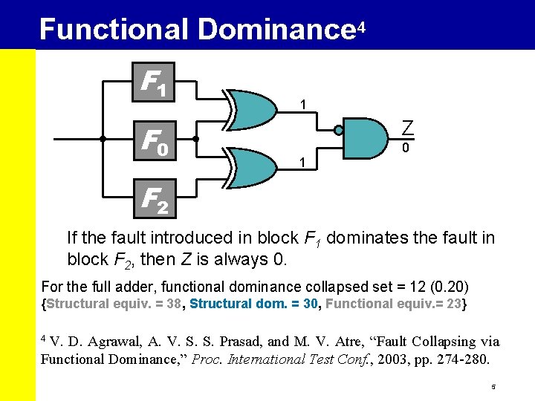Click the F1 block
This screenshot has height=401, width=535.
click(152, 81)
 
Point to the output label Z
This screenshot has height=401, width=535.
click(406, 128)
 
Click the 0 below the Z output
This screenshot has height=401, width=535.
click(406, 149)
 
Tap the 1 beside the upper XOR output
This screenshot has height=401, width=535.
click(302, 104)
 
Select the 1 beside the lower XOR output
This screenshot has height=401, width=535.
click(302, 162)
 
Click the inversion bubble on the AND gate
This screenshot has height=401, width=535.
click(339, 131)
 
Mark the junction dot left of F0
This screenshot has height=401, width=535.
click(103, 139)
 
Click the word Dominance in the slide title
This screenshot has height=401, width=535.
click(276, 30)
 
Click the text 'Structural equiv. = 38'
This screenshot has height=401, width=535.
click(113, 304)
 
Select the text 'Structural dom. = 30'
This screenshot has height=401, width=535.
click(254, 304)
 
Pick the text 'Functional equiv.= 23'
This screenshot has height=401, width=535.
click(394, 304)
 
